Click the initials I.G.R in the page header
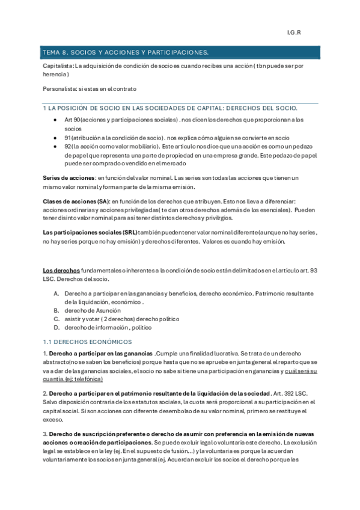[x=294, y=32]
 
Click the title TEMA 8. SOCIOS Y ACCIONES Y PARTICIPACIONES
[x=125, y=52]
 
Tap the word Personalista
[x=61, y=88]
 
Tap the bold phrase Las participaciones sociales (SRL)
[x=90, y=232]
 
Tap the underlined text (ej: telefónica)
[x=73, y=379]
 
